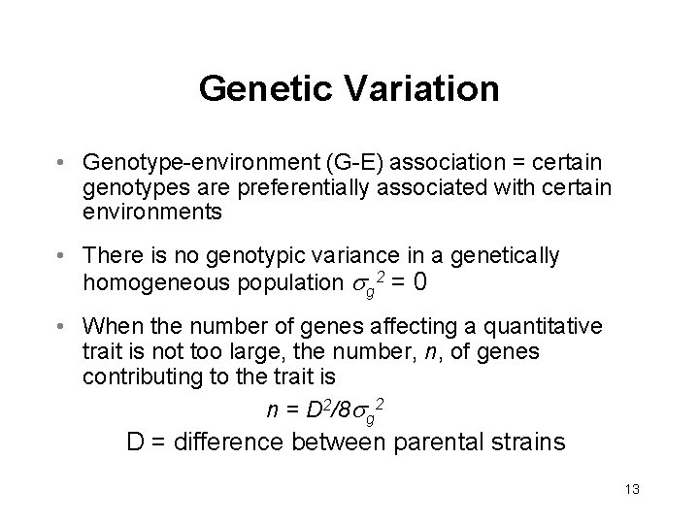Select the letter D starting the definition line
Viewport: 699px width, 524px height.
tap(136, 442)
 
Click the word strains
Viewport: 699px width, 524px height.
tap(531, 442)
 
